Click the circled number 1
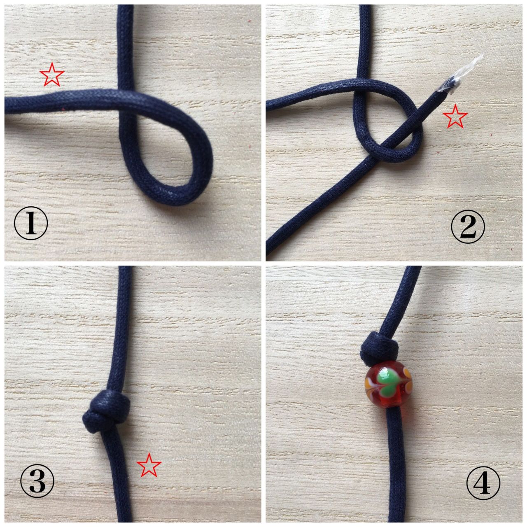click(30, 223)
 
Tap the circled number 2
click(468, 226)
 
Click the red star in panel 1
click(52, 75)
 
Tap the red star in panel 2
click(455, 117)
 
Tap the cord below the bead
click(394, 465)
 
